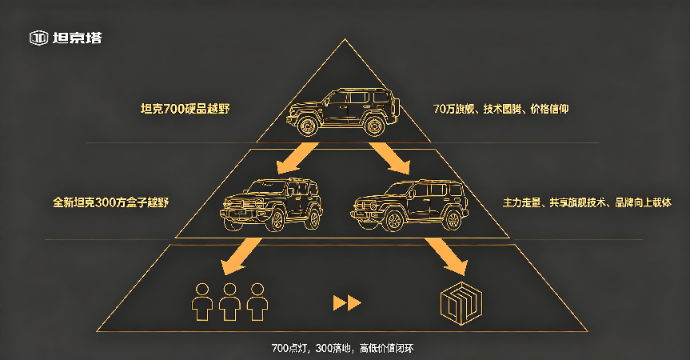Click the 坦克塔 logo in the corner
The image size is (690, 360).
coord(66,38)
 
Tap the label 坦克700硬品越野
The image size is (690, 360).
coord(185,109)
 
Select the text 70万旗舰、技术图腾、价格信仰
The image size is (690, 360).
coord(501,109)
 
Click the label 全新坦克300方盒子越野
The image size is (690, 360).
coord(111,202)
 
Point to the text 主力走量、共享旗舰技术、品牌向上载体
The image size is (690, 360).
coord(587,202)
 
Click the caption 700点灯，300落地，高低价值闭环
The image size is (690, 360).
coord(342,348)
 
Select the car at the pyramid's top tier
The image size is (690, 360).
coord(343,112)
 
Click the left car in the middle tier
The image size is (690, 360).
coord(271,205)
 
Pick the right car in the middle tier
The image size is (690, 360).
coord(409,205)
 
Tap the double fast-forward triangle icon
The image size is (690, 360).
coord(347,303)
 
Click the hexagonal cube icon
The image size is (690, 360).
coord(461,304)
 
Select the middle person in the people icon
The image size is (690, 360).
coord(229,302)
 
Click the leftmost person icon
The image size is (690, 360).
coord(202,302)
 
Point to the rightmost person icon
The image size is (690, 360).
coord(257,302)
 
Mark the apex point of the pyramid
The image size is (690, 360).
coord(345,39)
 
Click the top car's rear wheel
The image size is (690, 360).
coord(374,126)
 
